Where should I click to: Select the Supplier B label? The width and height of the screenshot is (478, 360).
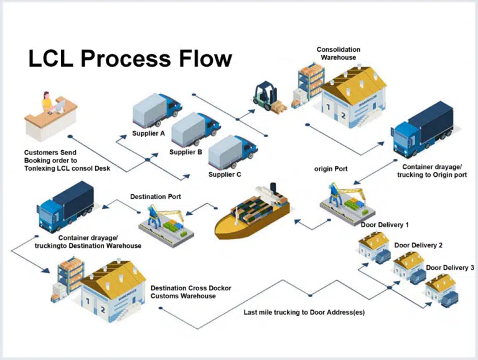point(185,152)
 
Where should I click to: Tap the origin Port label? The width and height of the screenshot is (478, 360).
point(330,168)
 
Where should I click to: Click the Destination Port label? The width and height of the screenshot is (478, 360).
point(156,197)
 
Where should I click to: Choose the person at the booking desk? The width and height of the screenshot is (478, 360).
point(47,103)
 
